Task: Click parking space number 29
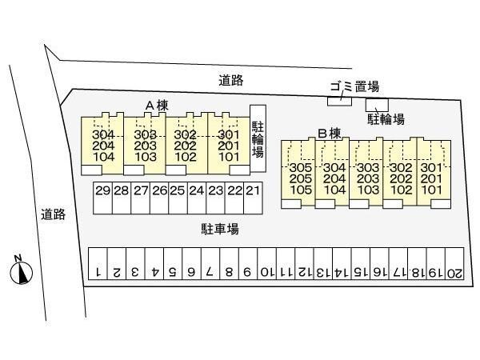pyautogui.click(x=102, y=198)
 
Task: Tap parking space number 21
pyautogui.click(x=253, y=198)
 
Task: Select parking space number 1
pyautogui.click(x=98, y=263)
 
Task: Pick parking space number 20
pyautogui.click(x=454, y=263)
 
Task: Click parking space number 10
pyautogui.click(x=267, y=263)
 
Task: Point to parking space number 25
pyautogui.click(x=178, y=198)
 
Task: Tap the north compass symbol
pyautogui.click(x=21, y=271)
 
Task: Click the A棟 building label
pyautogui.click(x=157, y=106)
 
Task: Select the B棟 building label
pyautogui.click(x=330, y=134)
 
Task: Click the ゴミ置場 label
pyautogui.click(x=354, y=86)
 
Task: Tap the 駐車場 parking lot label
pyautogui.click(x=220, y=229)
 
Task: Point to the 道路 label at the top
pyautogui.click(x=231, y=80)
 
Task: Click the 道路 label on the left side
pyautogui.click(x=54, y=214)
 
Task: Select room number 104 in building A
pyautogui.click(x=103, y=157)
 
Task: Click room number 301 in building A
pyautogui.click(x=228, y=134)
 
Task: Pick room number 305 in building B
pyautogui.click(x=301, y=168)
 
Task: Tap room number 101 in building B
pyautogui.click(x=431, y=190)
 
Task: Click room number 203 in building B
pyautogui.click(x=368, y=178)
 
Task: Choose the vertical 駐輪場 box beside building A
pyautogui.click(x=258, y=138)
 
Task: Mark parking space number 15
pyautogui.click(x=361, y=263)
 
